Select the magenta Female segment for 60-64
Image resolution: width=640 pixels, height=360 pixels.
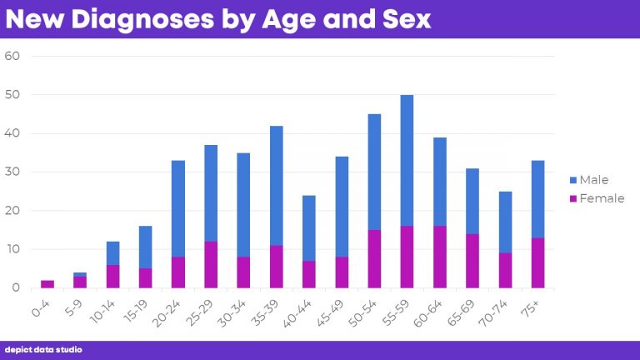point(439,257)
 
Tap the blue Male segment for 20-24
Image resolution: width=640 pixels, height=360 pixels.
point(178,208)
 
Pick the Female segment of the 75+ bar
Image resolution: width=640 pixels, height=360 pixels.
point(537,263)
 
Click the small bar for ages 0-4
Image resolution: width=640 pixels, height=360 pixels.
point(47,284)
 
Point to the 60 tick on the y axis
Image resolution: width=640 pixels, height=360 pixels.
point(12,57)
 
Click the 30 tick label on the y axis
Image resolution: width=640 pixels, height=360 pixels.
point(12,172)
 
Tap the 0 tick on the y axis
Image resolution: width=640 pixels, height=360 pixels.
point(16,288)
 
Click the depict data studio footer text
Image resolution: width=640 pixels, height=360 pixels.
point(43,350)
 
